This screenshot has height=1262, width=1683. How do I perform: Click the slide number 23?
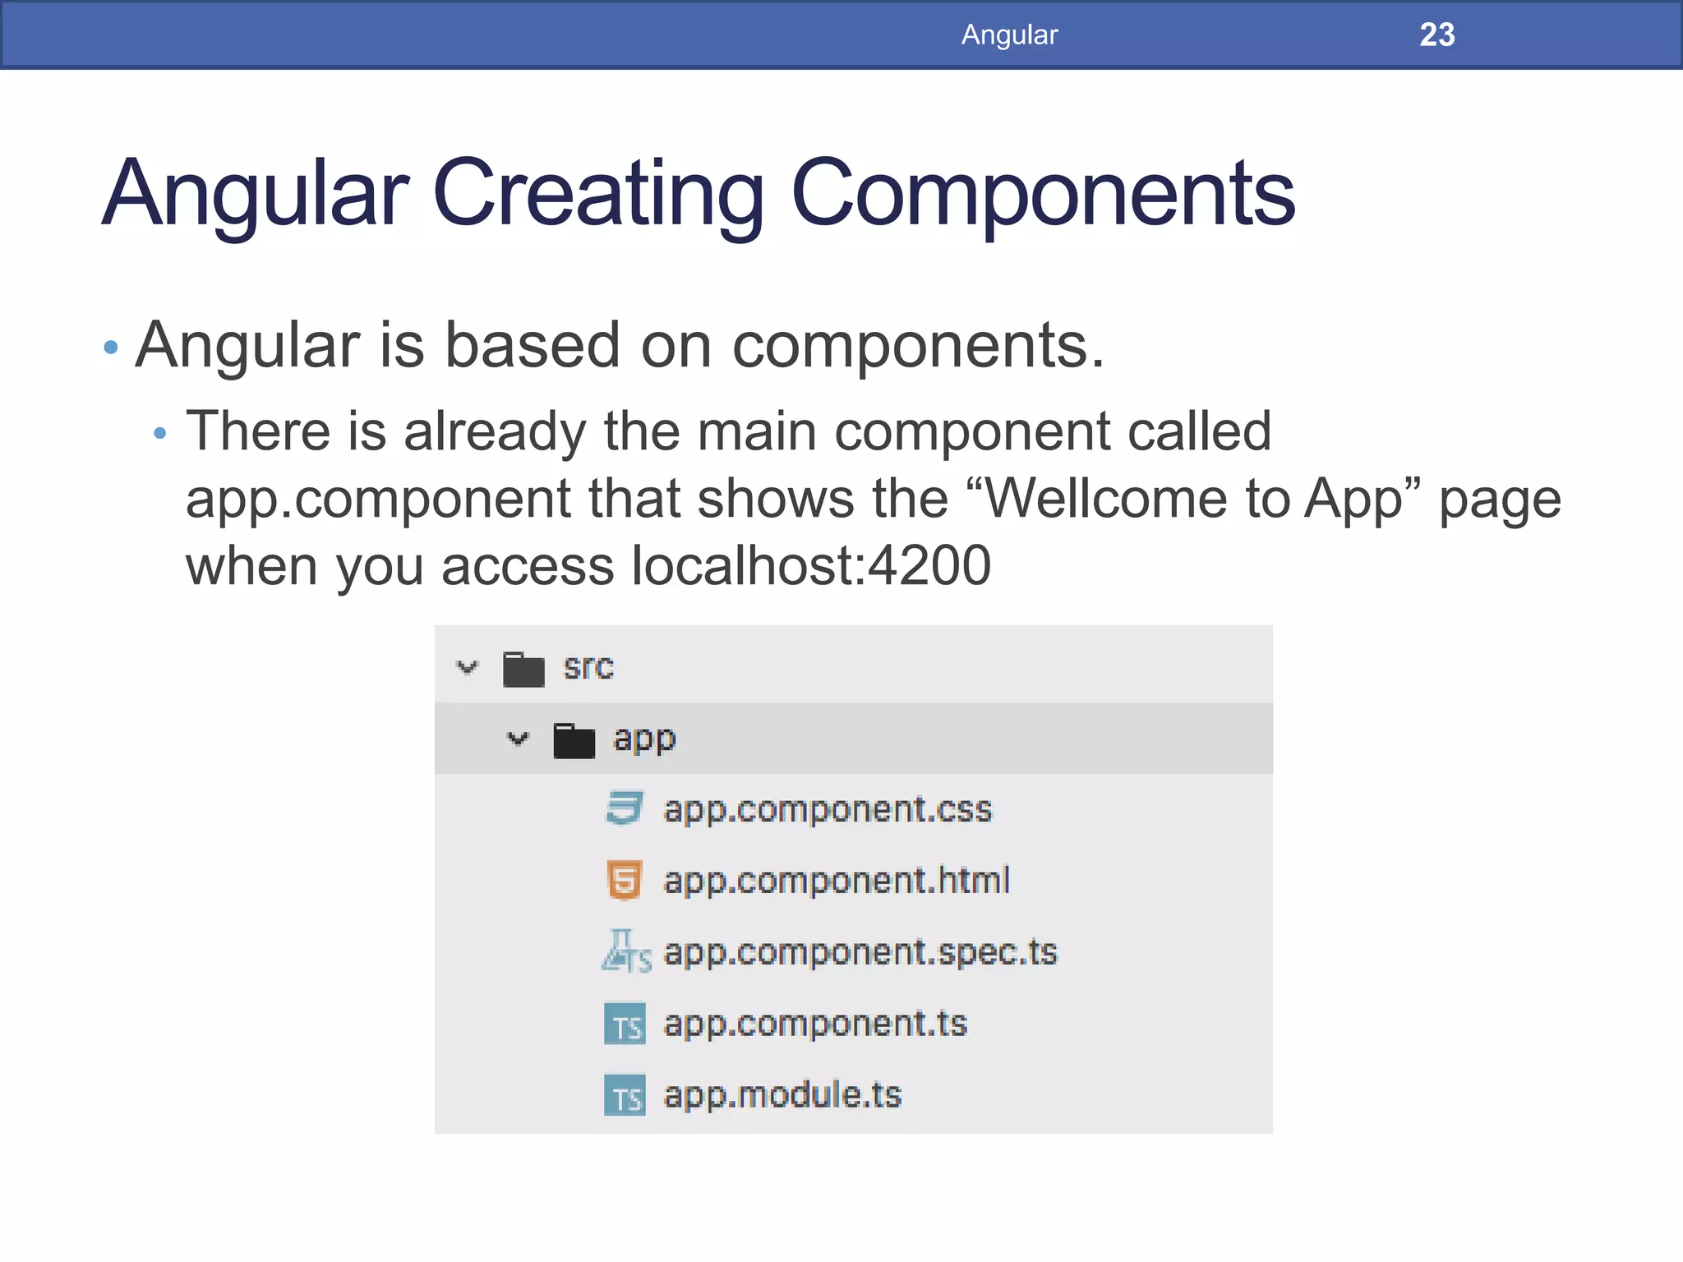pos(1436,35)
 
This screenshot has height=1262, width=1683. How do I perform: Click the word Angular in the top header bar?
pos(1009,35)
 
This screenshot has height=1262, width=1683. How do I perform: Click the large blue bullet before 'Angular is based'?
pos(111,348)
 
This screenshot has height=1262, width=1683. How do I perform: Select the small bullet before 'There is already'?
pos(160,433)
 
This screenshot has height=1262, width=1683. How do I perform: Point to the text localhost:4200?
pos(810,566)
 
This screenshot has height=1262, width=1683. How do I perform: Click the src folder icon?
pos(523,669)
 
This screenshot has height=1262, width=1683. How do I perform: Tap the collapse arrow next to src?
pos(467,667)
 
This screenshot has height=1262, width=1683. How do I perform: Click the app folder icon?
pos(574,740)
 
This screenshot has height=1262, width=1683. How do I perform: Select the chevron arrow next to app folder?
pos(518,739)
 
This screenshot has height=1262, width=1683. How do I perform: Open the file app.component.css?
pos(828,809)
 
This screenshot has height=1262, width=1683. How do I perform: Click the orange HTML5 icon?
pos(625,881)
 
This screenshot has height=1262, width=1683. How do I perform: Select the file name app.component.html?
pos(837,881)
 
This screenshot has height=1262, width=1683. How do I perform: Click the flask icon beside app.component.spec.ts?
pos(625,951)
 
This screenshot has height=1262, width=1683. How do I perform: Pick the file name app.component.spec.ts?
pos(860,952)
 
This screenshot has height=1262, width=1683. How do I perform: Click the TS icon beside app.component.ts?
pos(625,1024)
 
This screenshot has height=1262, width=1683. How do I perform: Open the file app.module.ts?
pos(782,1095)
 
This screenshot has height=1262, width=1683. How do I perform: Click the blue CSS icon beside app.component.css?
pos(625,808)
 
